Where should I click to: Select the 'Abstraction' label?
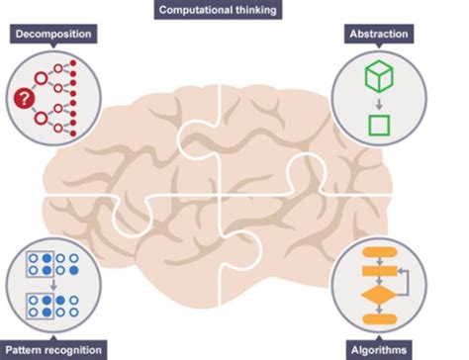pos(379,35)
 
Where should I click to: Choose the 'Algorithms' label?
pos(380,349)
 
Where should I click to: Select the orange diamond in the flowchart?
pos(379,294)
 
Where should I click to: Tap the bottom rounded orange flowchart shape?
pos(379,318)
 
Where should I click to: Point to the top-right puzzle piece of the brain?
pos(287,138)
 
